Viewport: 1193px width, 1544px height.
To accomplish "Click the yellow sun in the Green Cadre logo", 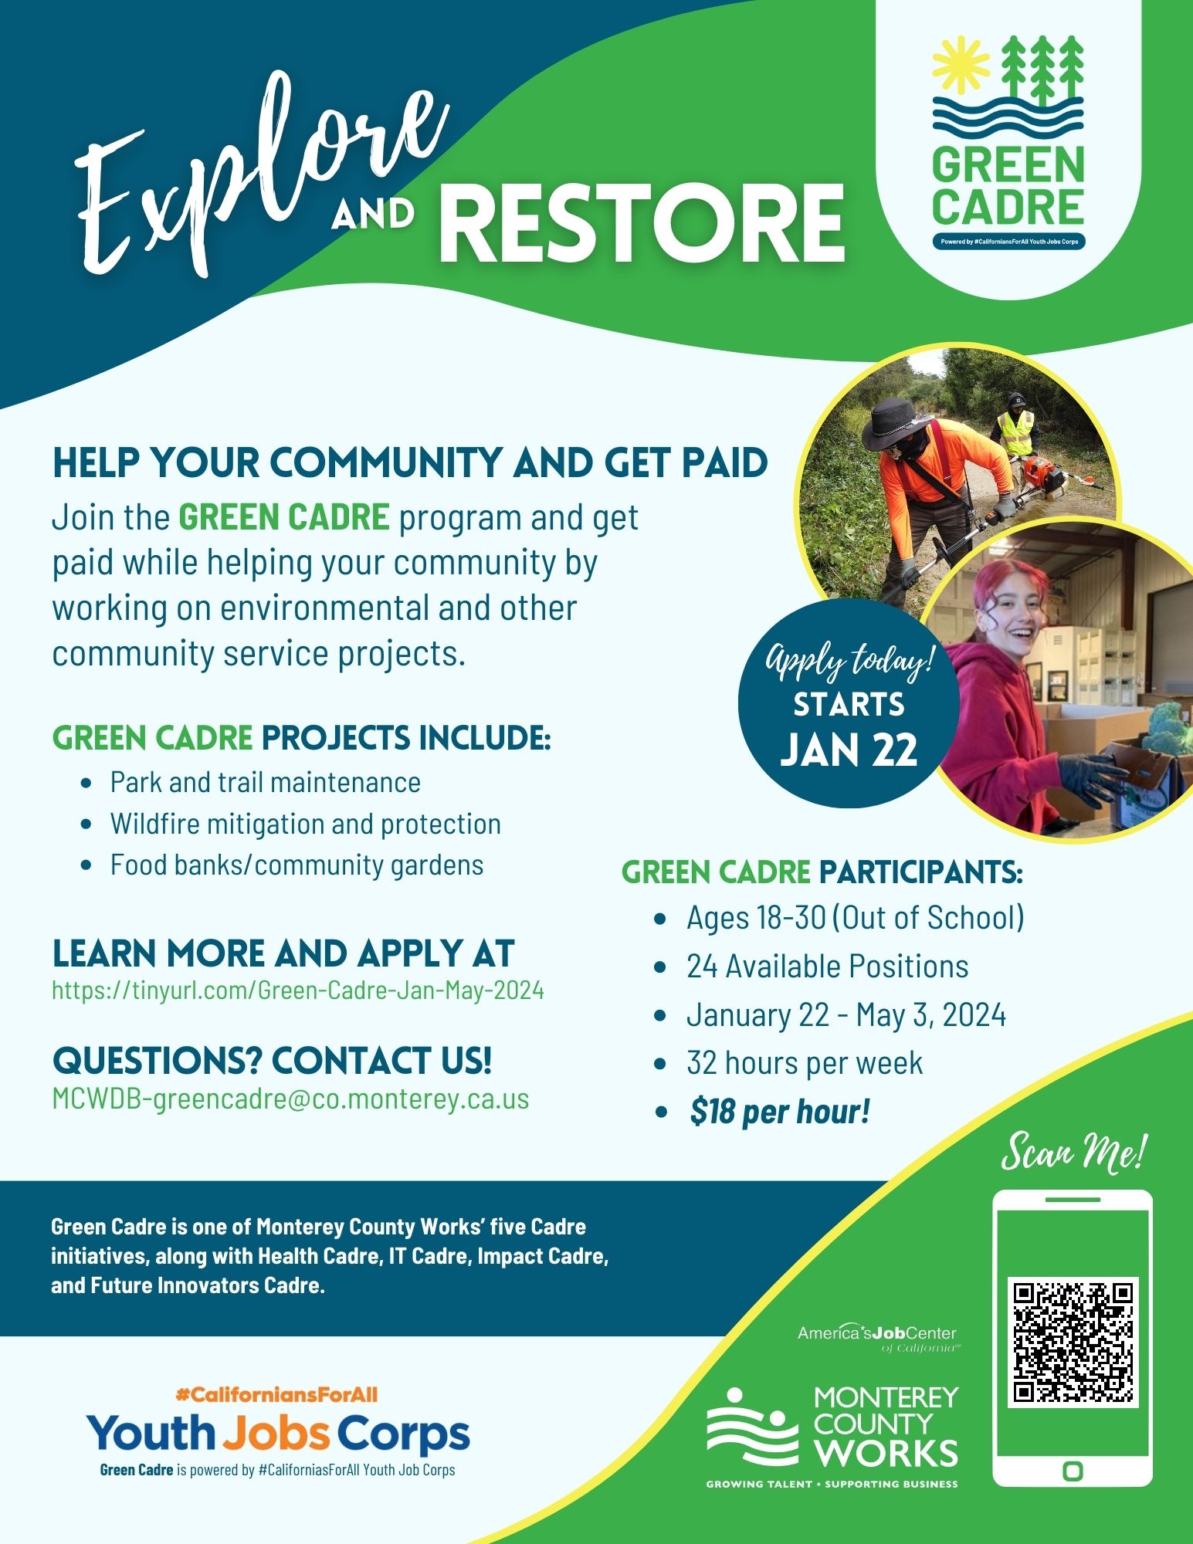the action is pyautogui.click(x=961, y=64).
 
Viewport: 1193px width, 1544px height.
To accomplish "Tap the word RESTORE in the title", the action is pyautogui.click(x=646, y=223).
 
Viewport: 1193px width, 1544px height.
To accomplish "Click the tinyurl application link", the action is pyautogui.click(x=297, y=990).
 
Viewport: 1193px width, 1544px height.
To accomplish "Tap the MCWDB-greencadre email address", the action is pyautogui.click(x=290, y=1099).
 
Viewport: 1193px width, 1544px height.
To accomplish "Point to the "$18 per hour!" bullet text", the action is pyautogui.click(x=780, y=1112).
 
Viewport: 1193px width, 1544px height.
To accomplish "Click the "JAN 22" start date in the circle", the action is pyautogui.click(x=849, y=750).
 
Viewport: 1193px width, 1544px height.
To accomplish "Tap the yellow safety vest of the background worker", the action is pyautogui.click(x=1015, y=432).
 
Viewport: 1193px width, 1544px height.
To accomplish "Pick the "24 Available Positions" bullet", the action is pyautogui.click(x=827, y=967).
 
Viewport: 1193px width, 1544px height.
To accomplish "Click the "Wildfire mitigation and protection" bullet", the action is pyautogui.click(x=305, y=824).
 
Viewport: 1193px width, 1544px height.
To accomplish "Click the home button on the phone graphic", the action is pyautogui.click(x=1073, y=1471).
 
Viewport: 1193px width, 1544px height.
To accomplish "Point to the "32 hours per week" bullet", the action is pyautogui.click(x=805, y=1063).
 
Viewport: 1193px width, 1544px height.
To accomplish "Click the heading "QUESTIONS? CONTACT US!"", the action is pyautogui.click(x=272, y=1060).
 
